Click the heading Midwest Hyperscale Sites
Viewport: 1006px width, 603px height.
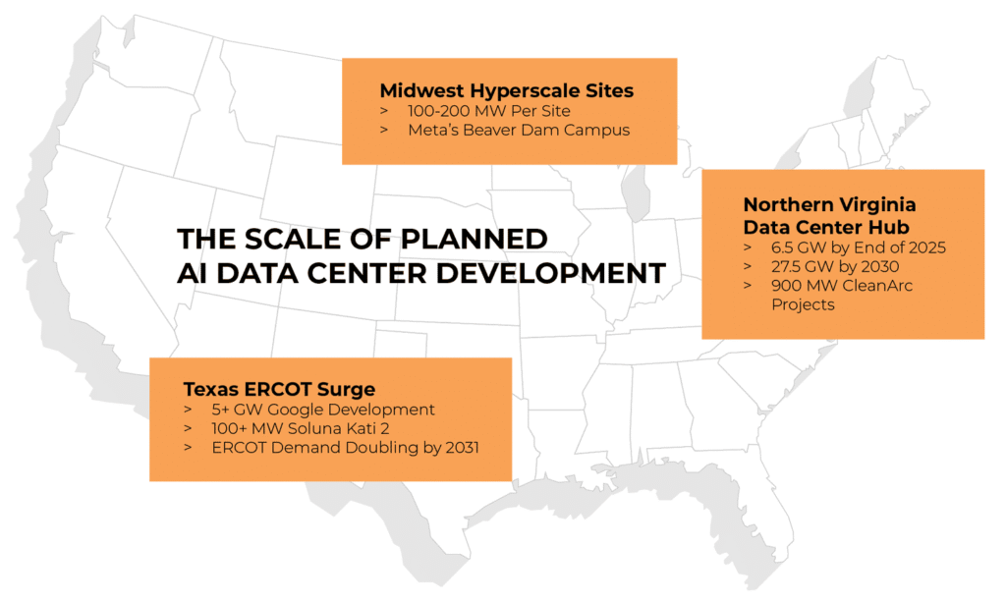506,90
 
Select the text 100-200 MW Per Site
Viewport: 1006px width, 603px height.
474,111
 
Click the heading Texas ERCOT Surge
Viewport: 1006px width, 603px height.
279,388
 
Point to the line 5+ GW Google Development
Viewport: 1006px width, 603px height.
322,410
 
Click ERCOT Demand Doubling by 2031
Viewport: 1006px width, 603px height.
345,448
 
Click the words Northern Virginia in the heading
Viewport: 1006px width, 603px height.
829,204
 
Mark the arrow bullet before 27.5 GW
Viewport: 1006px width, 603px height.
750,267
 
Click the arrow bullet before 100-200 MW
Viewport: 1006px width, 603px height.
384,112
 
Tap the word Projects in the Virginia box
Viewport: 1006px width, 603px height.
803,304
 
